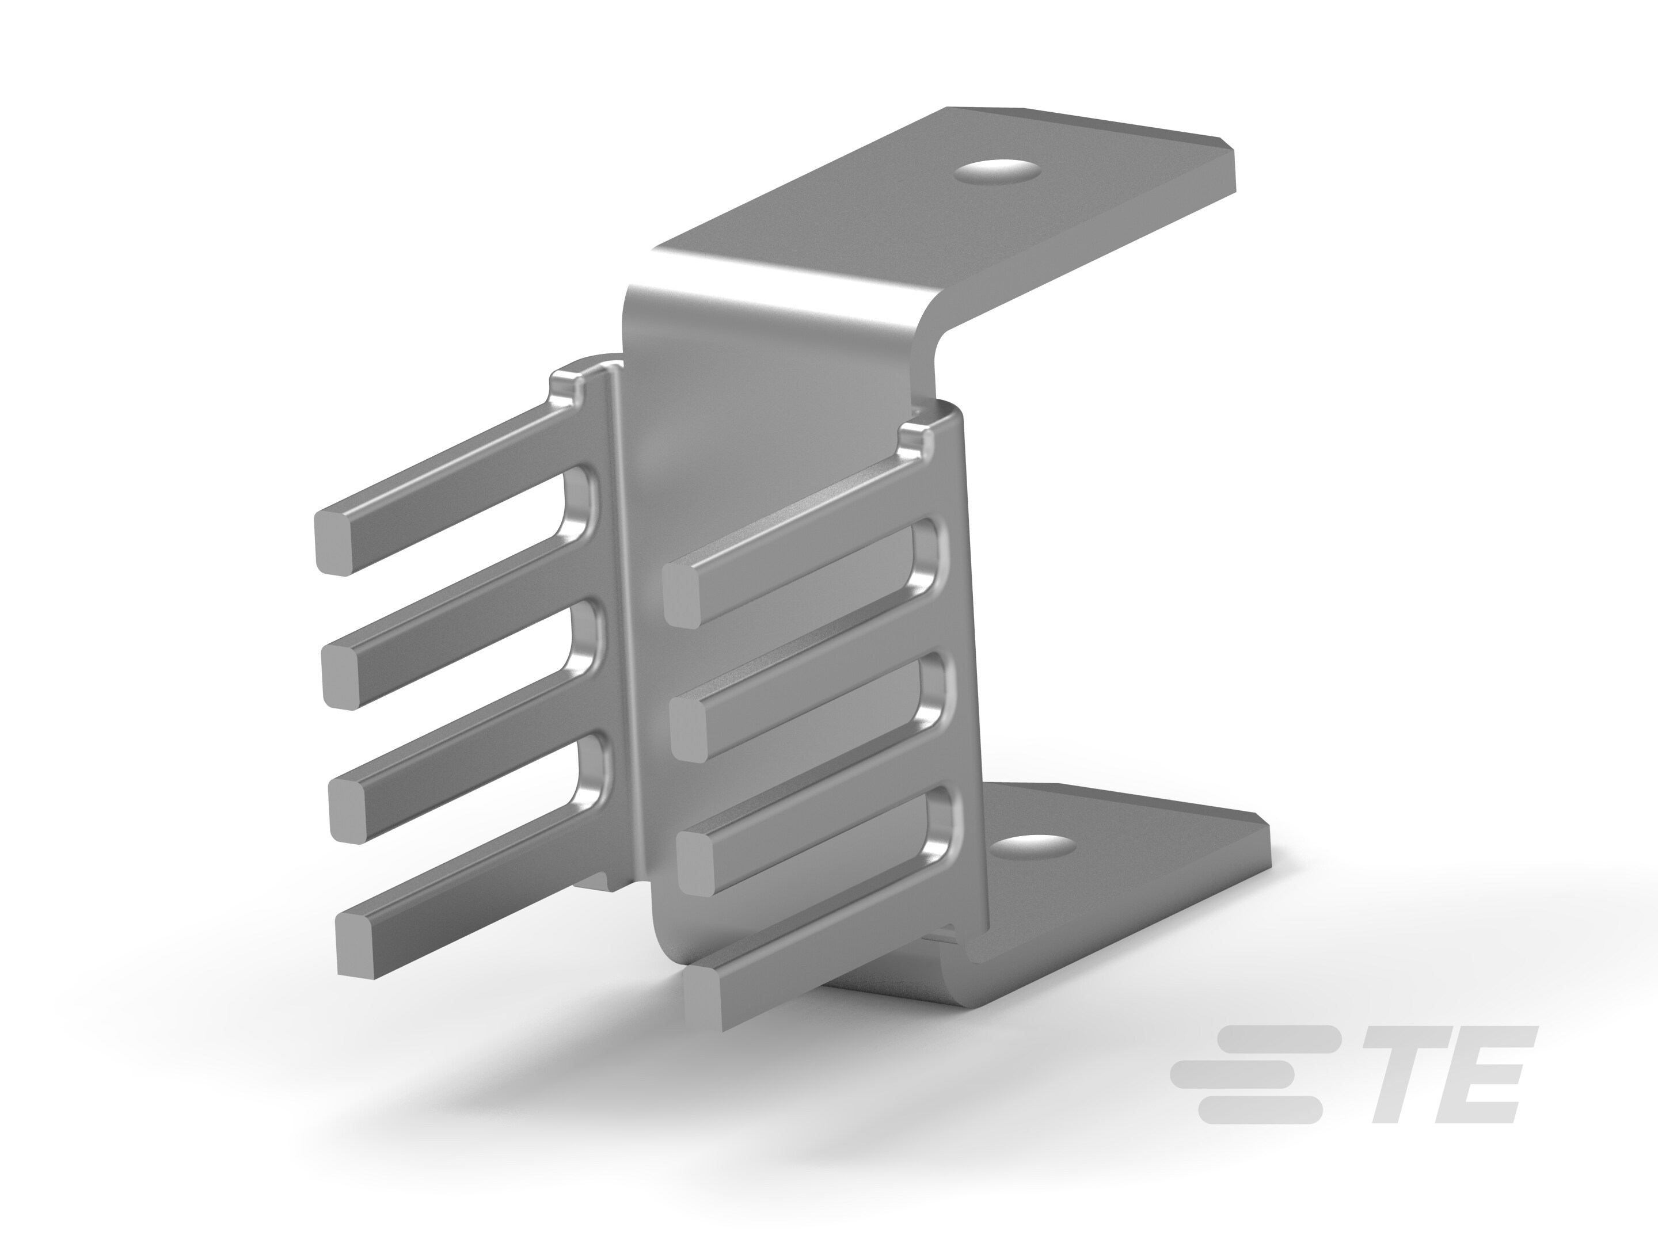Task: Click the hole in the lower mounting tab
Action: coord(1033,848)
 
